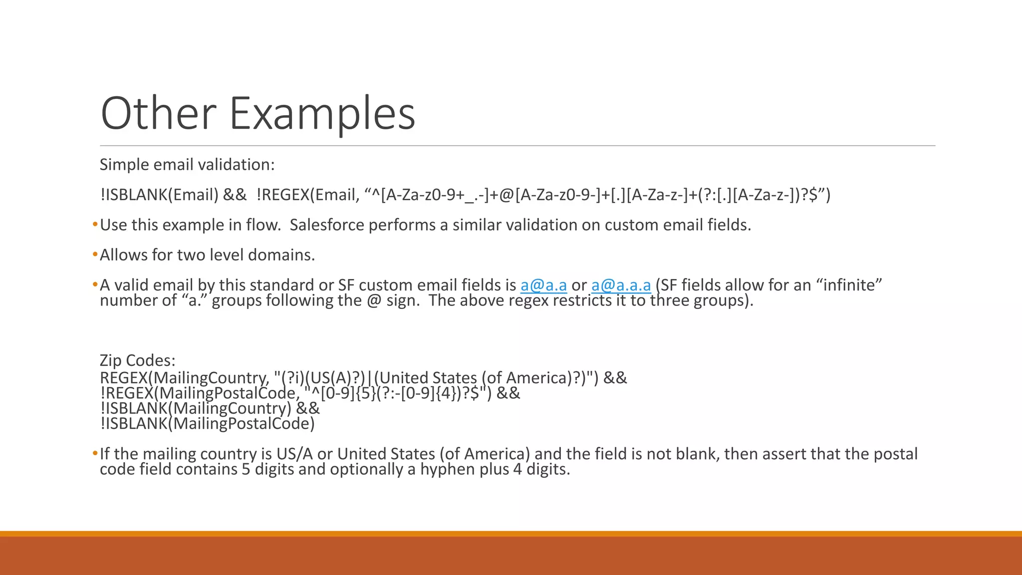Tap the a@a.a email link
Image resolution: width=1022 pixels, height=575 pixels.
point(543,285)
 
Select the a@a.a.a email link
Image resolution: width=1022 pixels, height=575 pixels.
point(621,285)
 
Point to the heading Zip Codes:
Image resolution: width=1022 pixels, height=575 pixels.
point(137,360)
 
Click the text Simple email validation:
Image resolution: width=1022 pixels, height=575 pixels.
point(187,165)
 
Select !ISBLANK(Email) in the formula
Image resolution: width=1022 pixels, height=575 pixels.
point(159,195)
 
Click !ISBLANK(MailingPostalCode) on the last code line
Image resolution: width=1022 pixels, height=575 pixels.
point(207,424)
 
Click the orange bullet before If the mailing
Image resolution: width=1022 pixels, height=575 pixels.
point(95,454)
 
